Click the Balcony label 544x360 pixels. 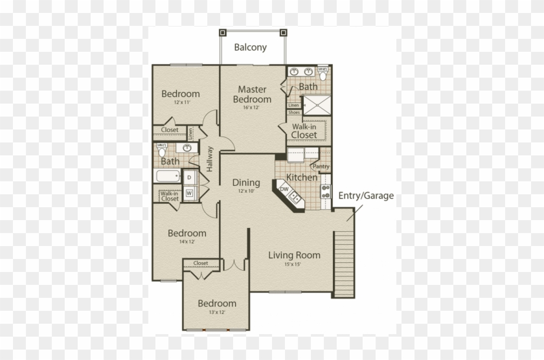pos(251,47)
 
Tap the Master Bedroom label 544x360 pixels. pos(253,95)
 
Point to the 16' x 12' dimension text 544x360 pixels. pos(253,107)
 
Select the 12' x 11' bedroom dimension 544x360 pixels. pos(181,102)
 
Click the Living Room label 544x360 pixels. pos(294,255)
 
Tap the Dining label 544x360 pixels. pos(246,183)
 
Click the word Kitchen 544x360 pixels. pos(302,177)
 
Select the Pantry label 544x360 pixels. pos(321,166)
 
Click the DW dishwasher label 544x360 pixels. pos(284,189)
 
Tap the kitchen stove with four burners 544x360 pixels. pos(326,190)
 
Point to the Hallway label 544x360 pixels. pos(210,159)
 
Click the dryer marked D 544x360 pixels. pos(190,177)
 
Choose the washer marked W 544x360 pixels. pos(190,193)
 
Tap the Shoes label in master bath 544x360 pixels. pos(294,112)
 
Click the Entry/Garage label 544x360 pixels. pos(366,196)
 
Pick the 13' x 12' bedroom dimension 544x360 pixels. pos(217,313)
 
